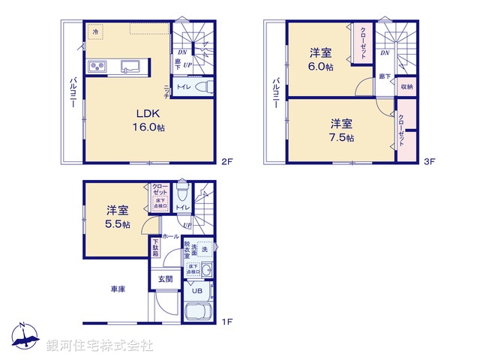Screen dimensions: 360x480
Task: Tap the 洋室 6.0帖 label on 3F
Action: (x=322, y=58)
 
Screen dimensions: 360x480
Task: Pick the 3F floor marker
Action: (x=430, y=161)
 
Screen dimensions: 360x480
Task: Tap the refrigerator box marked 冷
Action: (x=96, y=32)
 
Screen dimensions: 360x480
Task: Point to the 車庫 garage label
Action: (x=117, y=288)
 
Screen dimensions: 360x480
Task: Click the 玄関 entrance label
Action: (x=164, y=279)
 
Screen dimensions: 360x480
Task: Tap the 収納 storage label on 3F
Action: (x=406, y=87)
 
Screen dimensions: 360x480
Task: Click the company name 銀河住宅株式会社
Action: (x=99, y=346)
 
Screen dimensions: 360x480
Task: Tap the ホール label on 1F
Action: (x=170, y=236)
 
